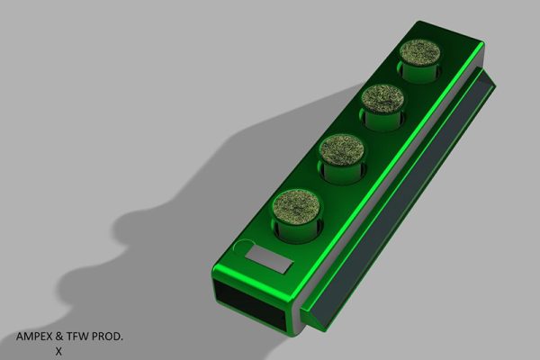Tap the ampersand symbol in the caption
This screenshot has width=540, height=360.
(x=68, y=337)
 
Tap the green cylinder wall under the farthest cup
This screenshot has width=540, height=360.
(x=418, y=71)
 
